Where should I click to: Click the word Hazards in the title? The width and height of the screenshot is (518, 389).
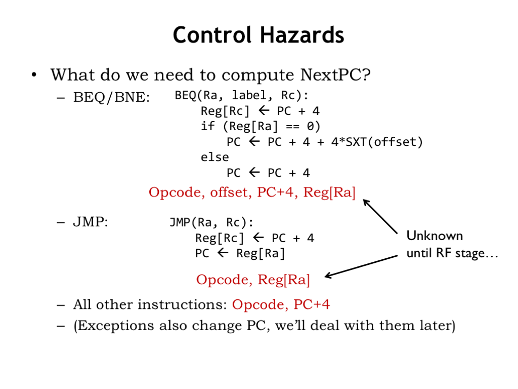301,35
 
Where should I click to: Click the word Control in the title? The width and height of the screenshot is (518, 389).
212,35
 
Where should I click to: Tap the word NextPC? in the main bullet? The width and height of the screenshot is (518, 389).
336,75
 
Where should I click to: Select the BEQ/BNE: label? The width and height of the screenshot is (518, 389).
111,97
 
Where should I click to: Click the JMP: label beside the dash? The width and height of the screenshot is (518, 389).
91,222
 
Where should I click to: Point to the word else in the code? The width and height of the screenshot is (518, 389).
214,157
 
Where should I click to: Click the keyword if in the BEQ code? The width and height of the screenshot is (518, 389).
208,126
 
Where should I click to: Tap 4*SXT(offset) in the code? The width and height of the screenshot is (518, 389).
377,142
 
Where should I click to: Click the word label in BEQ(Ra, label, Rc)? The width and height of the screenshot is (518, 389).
249,95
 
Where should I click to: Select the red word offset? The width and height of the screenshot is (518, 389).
229,192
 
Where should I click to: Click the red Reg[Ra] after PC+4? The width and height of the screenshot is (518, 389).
329,192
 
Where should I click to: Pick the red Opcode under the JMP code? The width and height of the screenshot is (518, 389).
222,280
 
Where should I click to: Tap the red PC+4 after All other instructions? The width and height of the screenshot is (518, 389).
312,304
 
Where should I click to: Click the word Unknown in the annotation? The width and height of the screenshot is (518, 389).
435,236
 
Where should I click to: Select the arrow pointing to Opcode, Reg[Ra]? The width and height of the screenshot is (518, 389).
361,266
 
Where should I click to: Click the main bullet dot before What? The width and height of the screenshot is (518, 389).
34,75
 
